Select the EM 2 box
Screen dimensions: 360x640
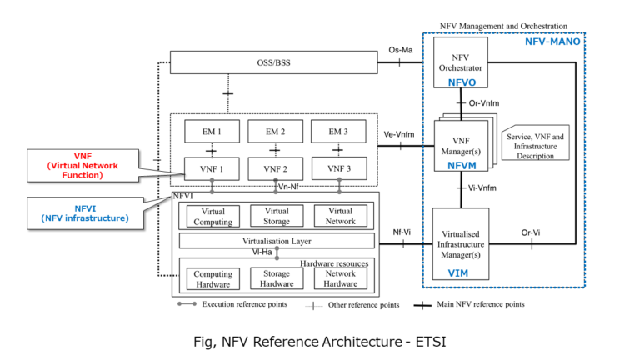coord(276,131)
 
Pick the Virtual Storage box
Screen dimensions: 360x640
coord(276,216)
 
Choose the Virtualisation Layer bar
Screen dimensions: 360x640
coord(276,240)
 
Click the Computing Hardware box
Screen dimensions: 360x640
coord(213,278)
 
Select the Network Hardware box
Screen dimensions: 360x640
coord(340,278)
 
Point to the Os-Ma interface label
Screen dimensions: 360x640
coord(402,50)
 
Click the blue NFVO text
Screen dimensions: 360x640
coord(459,82)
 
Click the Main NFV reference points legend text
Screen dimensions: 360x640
coord(481,304)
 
